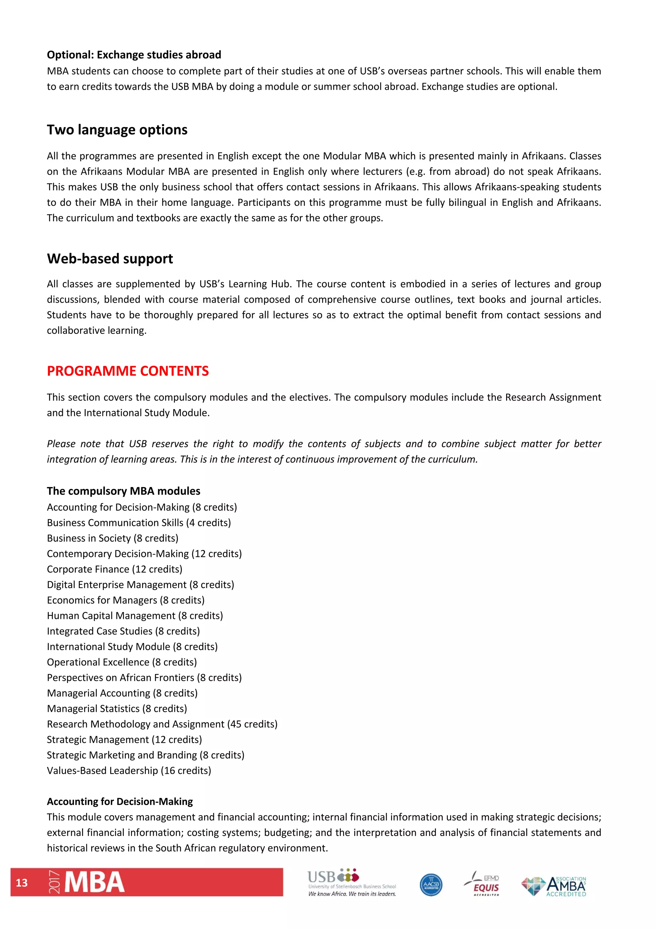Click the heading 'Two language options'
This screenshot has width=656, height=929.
pyautogui.click(x=117, y=130)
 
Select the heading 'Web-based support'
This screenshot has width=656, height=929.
pyautogui.click(x=110, y=258)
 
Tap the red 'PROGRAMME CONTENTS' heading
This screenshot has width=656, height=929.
pyautogui.click(x=128, y=371)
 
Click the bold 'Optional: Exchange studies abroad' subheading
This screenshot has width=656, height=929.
pyautogui.click(x=134, y=55)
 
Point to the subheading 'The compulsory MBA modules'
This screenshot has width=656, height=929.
pyautogui.click(x=123, y=491)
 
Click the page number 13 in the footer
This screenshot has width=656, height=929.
pyautogui.click(x=22, y=883)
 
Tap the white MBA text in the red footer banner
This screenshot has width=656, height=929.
pyautogui.click(x=94, y=883)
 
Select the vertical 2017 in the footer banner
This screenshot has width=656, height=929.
pyautogui.click(x=54, y=883)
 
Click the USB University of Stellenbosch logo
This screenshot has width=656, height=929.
pyautogui.click(x=351, y=883)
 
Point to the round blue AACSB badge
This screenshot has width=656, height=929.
pyautogui.click(x=431, y=884)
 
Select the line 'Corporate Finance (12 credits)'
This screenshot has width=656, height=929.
pyautogui.click(x=114, y=569)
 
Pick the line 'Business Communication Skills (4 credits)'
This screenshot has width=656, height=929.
pyautogui.click(x=139, y=522)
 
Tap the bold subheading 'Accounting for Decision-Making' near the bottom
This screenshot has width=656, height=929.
pyautogui.click(x=120, y=802)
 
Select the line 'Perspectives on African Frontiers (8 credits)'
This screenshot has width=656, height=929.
pyautogui.click(x=144, y=677)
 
